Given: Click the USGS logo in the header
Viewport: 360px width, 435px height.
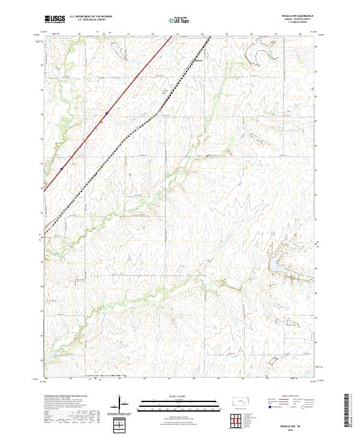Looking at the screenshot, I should tap(55, 19).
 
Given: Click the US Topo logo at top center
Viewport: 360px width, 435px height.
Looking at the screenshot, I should tap(179, 19).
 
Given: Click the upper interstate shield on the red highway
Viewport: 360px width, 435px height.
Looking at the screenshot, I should tap(107, 112).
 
